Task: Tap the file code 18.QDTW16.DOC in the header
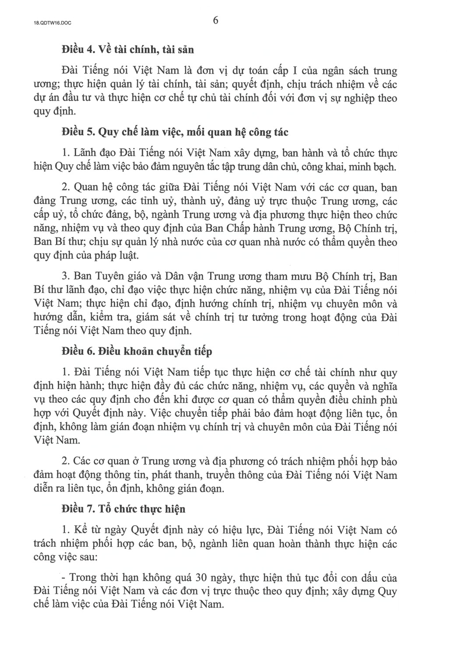click(x=52, y=24)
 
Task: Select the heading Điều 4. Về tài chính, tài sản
click(x=127, y=49)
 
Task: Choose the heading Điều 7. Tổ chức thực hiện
click(x=123, y=509)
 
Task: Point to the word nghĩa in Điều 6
click(x=384, y=386)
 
